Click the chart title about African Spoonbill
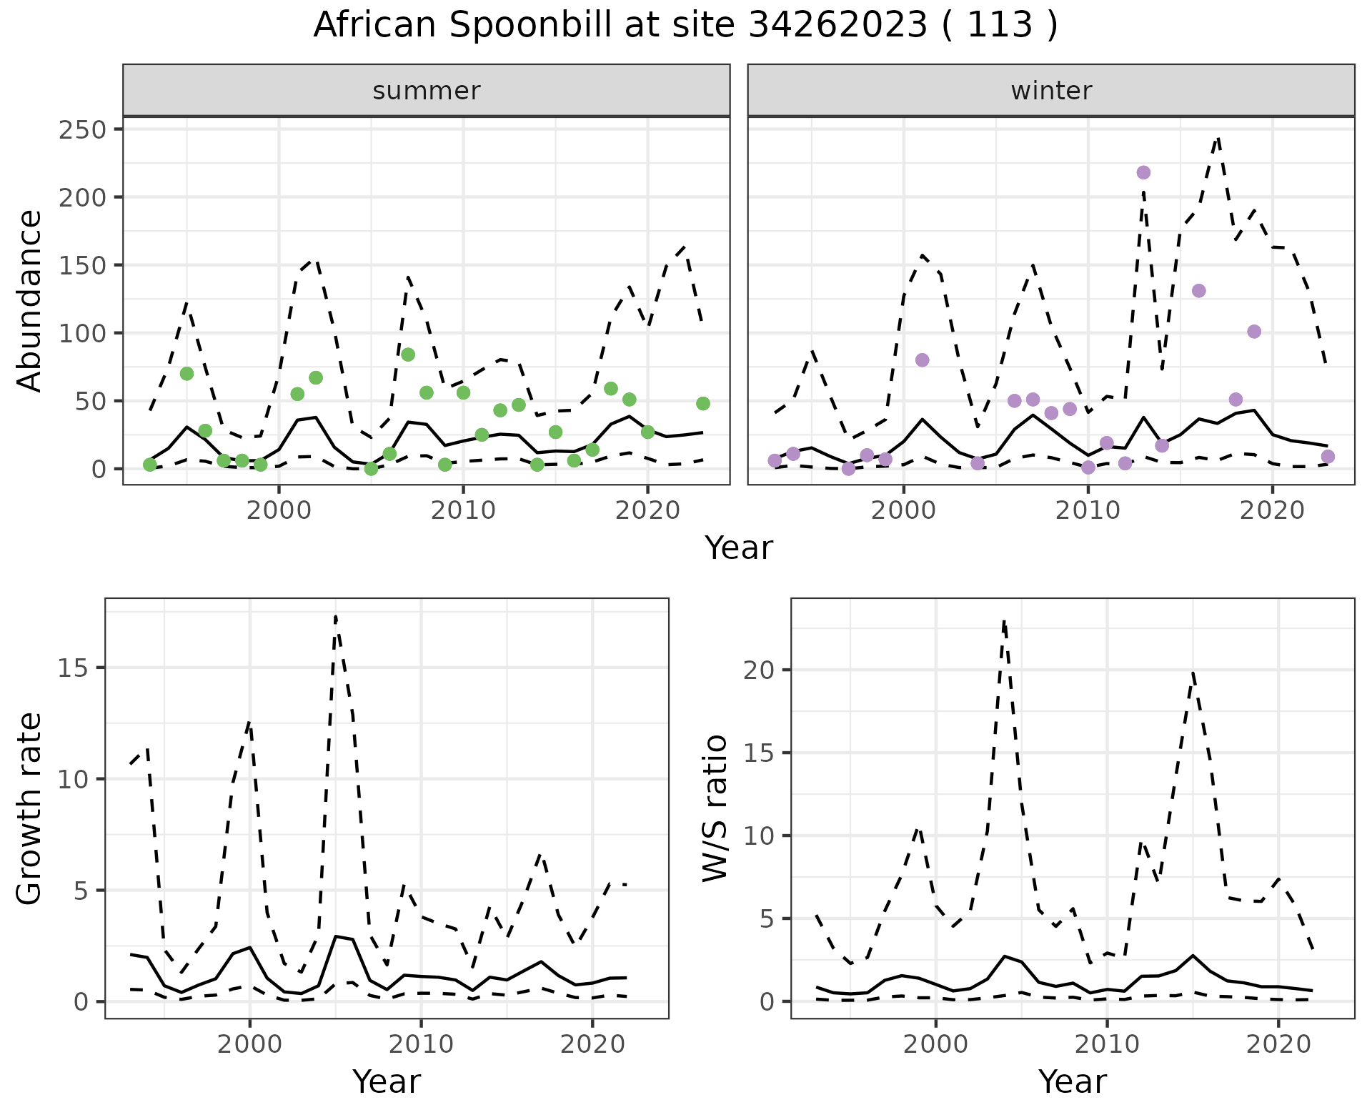tap(685, 26)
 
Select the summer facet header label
tap(427, 91)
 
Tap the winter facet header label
tap(1051, 91)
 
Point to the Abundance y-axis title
tap(30, 301)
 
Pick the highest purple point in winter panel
tap(1143, 172)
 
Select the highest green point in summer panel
tap(408, 355)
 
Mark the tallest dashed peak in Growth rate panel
tap(336, 615)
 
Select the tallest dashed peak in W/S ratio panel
tap(1004, 622)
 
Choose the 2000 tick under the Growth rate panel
tap(249, 1044)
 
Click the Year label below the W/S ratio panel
tap(1073, 1081)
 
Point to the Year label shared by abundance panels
tap(739, 548)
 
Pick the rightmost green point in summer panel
tap(703, 404)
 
